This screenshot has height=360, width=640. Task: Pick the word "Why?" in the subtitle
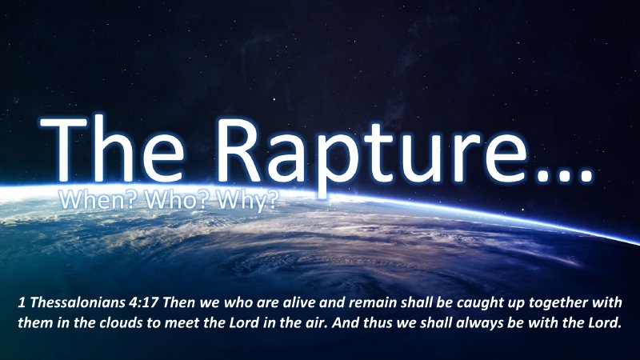tap(244, 201)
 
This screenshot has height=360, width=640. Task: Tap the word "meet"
tap(185, 326)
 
